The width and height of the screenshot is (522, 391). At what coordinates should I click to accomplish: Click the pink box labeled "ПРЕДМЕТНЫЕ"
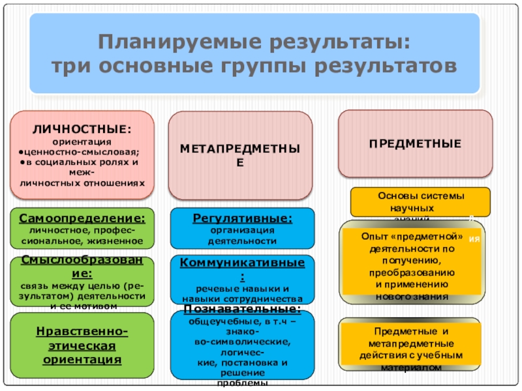[415, 144]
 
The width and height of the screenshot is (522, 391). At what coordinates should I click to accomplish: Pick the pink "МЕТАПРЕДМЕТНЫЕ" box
[241, 155]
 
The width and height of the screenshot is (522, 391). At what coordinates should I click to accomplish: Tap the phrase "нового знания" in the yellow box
[412, 296]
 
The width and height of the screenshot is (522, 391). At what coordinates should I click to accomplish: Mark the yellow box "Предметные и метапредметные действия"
[411, 344]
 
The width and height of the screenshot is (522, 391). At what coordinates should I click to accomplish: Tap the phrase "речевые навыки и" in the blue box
[242, 288]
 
